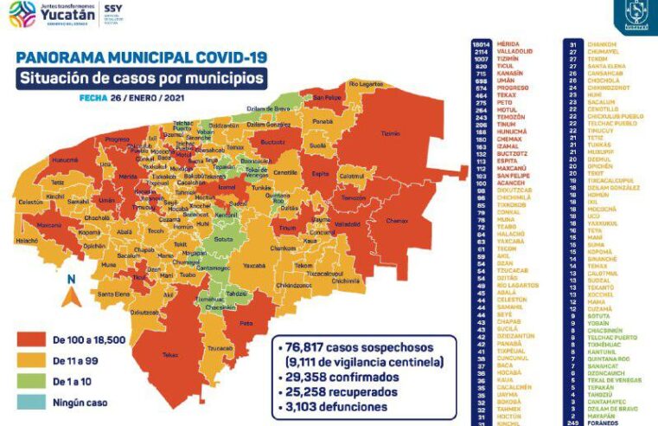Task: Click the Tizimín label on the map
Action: coord(391,134)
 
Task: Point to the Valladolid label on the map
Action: coord(347,224)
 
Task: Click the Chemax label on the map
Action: coord(397,221)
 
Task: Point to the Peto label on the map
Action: coord(246,323)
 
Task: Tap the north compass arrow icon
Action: coord(74,294)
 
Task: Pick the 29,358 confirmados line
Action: coord(339,378)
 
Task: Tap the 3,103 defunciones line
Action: coord(337,406)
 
